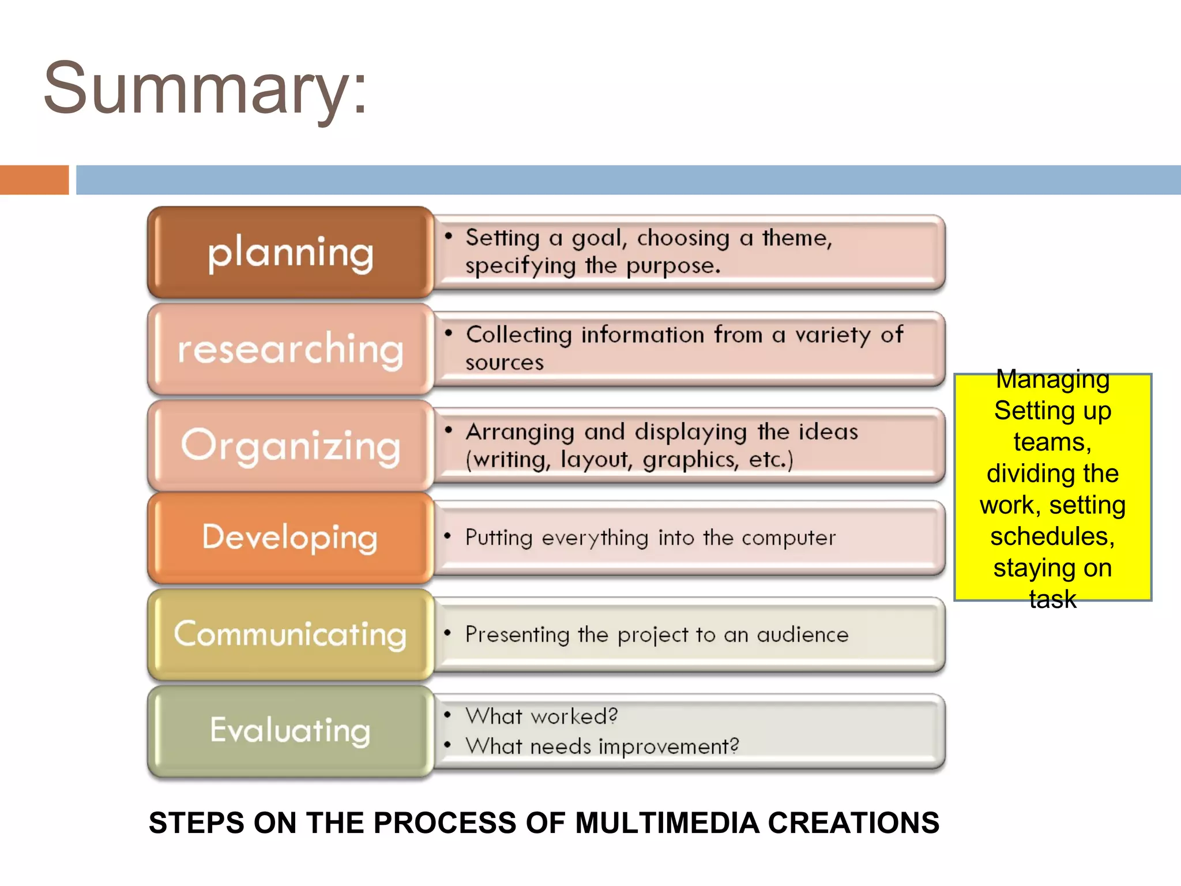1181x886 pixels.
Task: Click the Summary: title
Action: [205, 89]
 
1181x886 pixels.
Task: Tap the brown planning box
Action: [290, 253]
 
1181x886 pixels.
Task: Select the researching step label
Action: [290, 350]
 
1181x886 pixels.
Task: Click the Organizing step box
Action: [290, 446]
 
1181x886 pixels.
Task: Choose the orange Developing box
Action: [290, 538]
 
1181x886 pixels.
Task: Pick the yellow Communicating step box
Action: [290, 635]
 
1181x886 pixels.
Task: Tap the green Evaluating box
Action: [290, 731]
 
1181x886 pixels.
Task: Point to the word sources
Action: [505, 363]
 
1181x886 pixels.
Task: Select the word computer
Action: [788, 538]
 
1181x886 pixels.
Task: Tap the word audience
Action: [802, 635]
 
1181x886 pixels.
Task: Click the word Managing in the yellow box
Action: [1052, 380]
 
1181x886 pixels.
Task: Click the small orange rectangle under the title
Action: [34, 180]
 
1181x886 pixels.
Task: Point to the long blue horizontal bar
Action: [629, 180]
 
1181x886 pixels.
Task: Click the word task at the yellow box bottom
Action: [1052, 599]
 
